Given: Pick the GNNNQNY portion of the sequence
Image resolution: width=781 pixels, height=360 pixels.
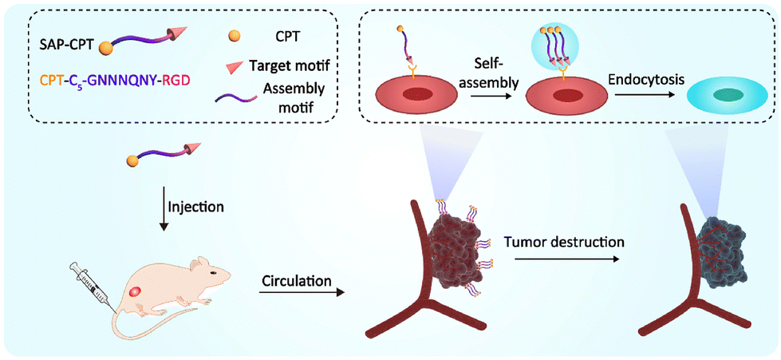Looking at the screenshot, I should (x=118, y=80).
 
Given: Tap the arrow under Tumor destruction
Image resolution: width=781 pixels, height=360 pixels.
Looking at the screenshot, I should (x=562, y=258).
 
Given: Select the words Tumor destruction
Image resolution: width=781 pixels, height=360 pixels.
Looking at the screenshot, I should (x=562, y=240).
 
